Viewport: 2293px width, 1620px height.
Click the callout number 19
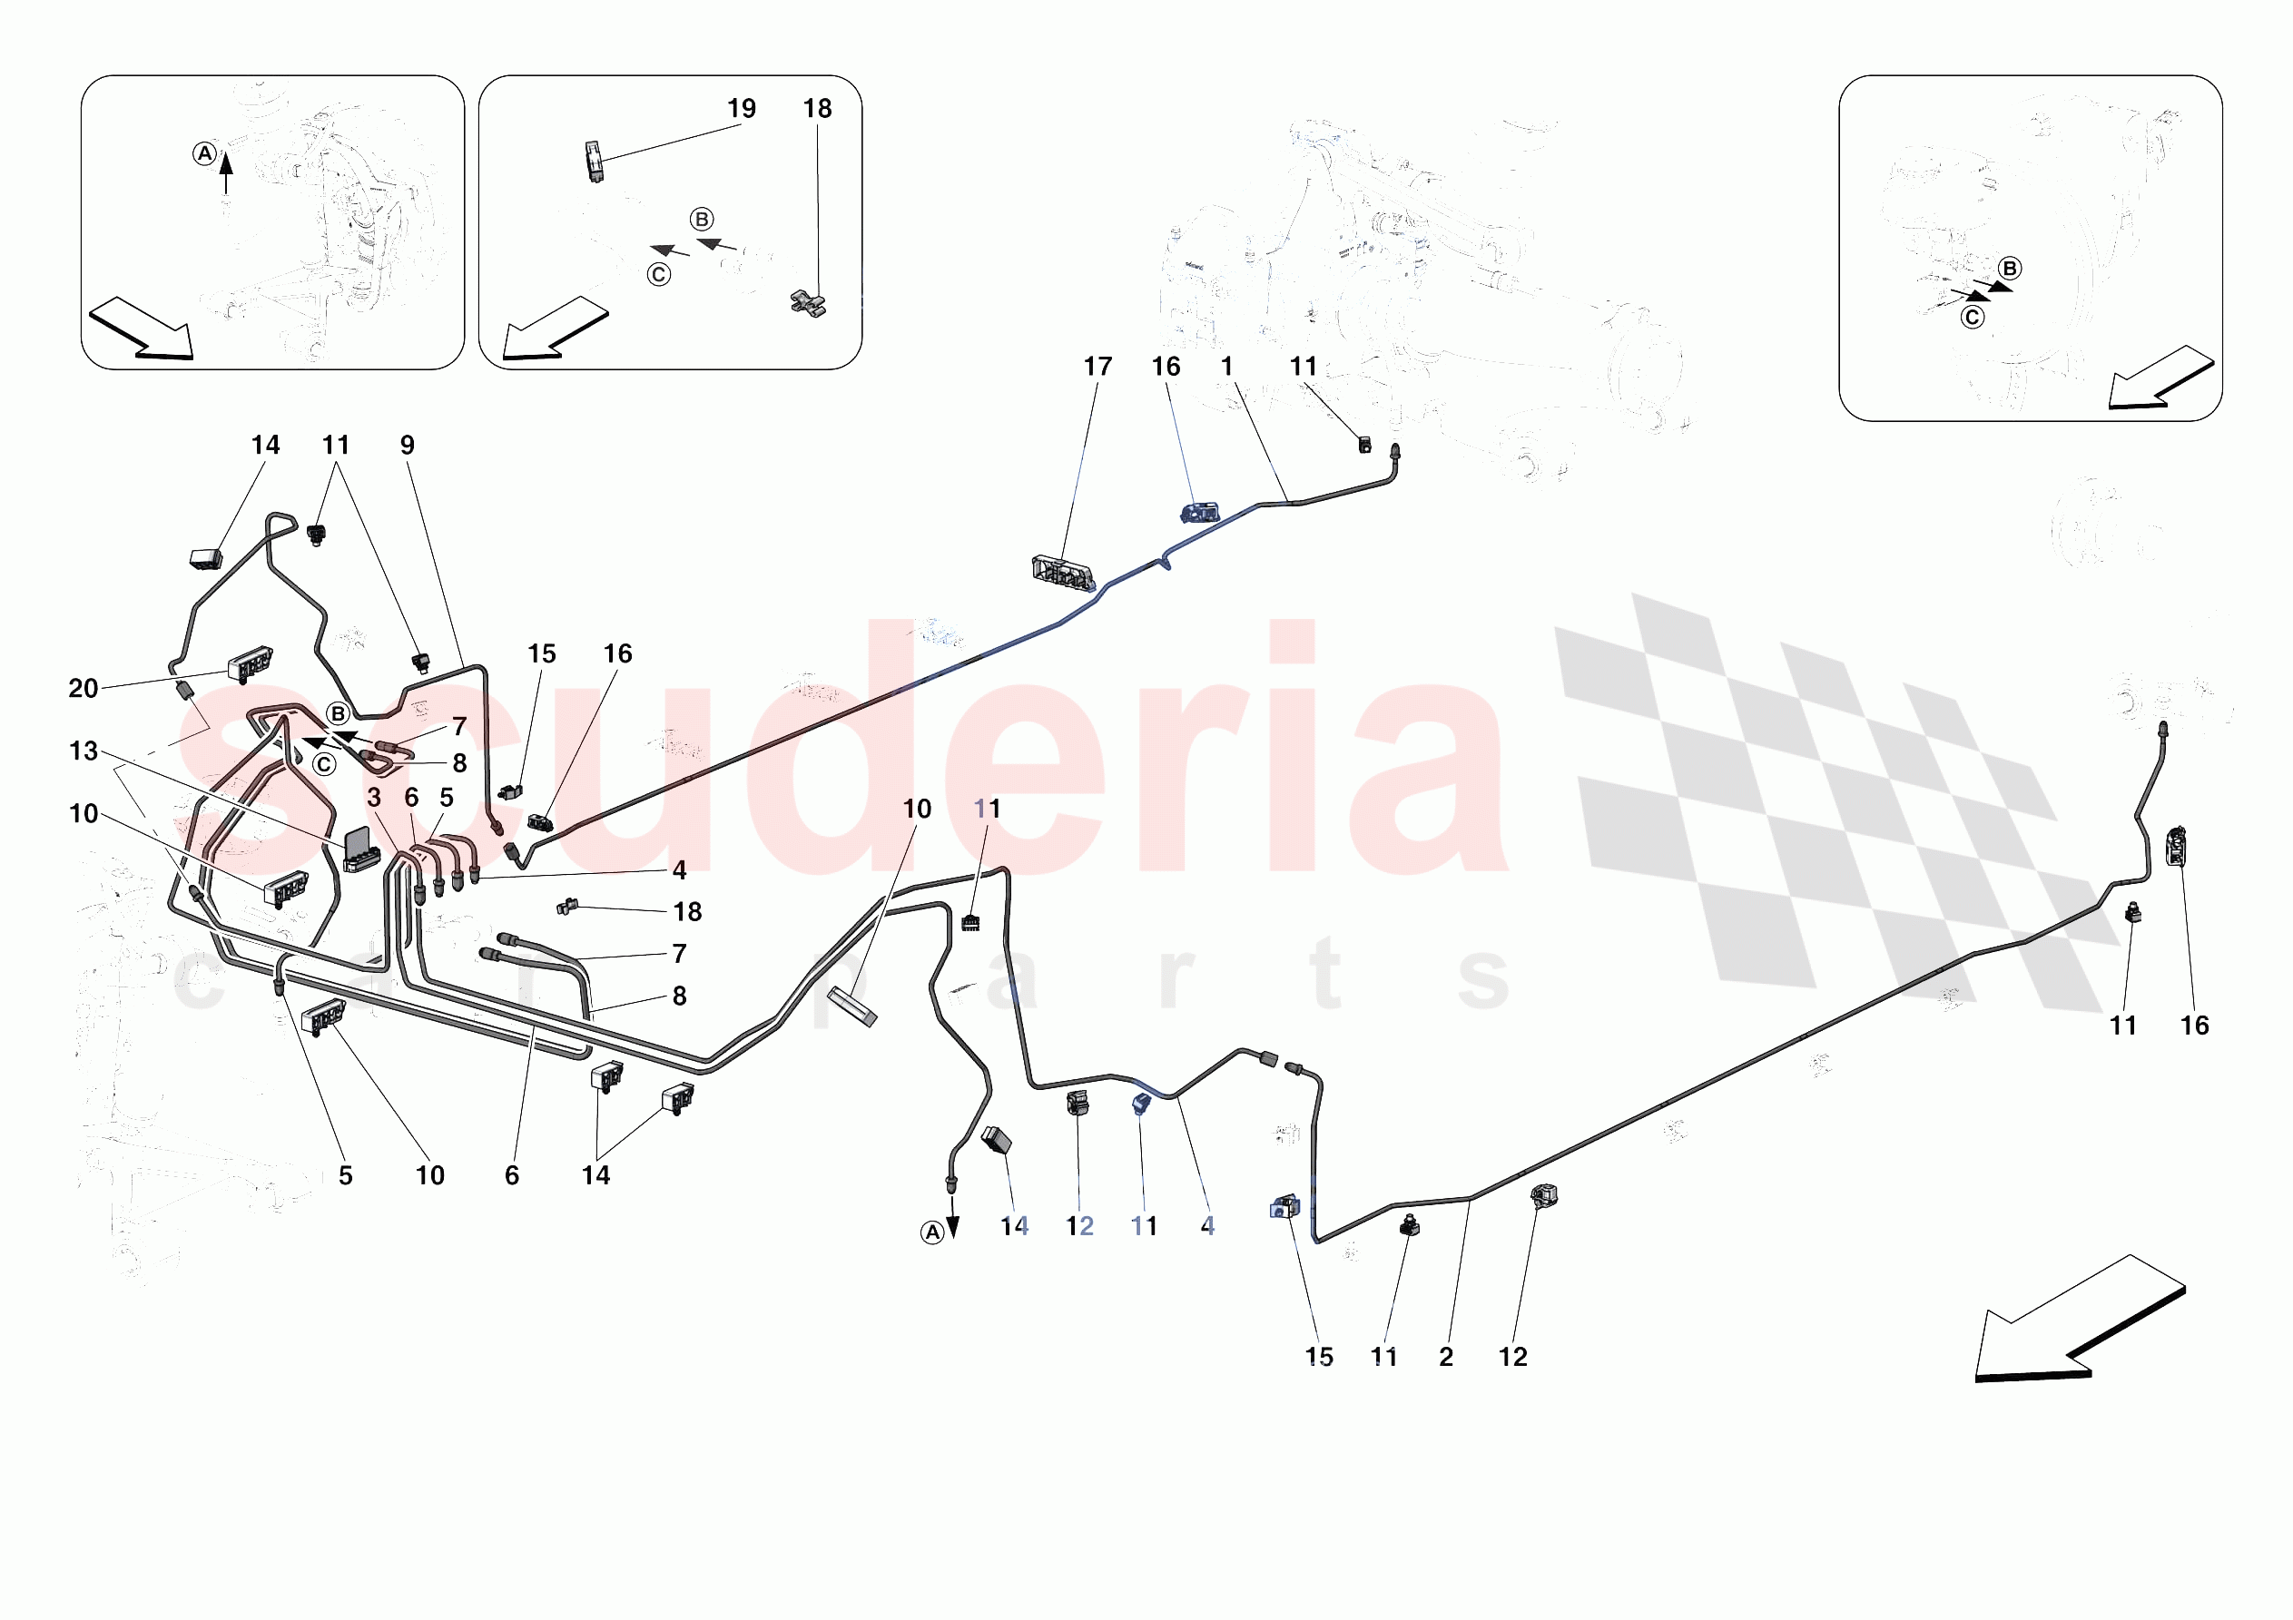pyautogui.click(x=741, y=108)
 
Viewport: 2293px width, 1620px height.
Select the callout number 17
pyautogui.click(x=1097, y=367)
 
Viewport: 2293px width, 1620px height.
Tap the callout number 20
pyautogui.click(x=83, y=688)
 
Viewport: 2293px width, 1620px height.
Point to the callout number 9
pyautogui.click(x=408, y=445)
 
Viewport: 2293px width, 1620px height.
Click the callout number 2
pyautogui.click(x=1446, y=1356)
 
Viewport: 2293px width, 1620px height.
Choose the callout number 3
pyautogui.click(x=373, y=797)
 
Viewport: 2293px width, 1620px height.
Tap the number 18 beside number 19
pyautogui.click(x=817, y=108)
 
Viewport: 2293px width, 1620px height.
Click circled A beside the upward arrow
pyautogui.click(x=205, y=153)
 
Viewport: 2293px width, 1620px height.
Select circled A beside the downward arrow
pyautogui.click(x=931, y=1233)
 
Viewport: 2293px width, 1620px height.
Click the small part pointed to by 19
pyautogui.click(x=595, y=160)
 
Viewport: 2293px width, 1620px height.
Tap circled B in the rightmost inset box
pyautogui.click(x=2011, y=269)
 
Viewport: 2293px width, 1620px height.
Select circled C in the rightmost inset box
pyautogui.click(x=1973, y=318)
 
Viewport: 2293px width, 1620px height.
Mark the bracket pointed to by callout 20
pyautogui.click(x=250, y=663)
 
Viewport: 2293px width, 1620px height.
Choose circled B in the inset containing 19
pyautogui.click(x=702, y=220)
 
